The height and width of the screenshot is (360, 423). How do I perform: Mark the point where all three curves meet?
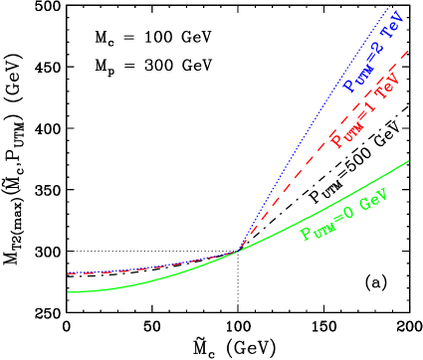(237, 251)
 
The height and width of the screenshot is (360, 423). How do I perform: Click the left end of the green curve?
(68, 292)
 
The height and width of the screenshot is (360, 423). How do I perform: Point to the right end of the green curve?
(409, 160)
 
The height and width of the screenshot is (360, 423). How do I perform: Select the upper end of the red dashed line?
(409, 51)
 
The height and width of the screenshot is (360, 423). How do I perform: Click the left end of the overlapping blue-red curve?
(68, 272)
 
